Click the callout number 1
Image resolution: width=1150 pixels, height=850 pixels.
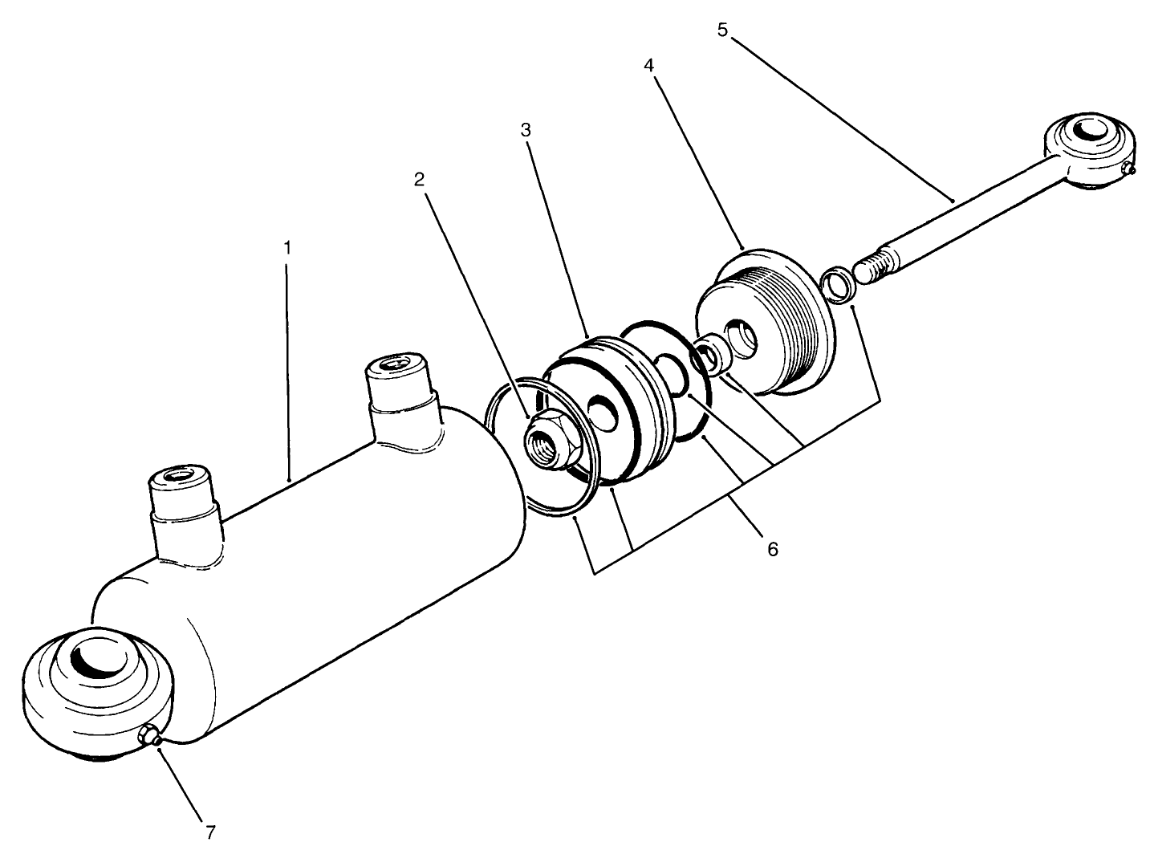(287, 247)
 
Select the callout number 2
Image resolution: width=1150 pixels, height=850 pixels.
(418, 180)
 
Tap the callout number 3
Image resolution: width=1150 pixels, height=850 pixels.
(526, 129)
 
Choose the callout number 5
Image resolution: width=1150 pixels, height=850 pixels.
(722, 31)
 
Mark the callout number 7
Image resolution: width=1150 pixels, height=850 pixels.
(210, 832)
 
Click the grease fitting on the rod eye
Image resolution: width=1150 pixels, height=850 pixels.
(1129, 168)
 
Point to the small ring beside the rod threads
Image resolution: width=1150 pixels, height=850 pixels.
(838, 286)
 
